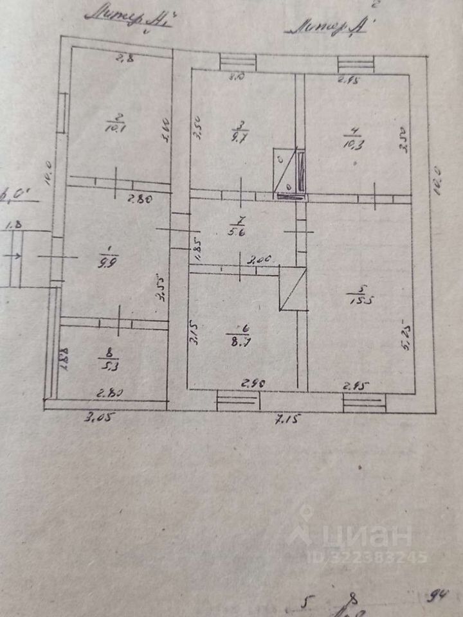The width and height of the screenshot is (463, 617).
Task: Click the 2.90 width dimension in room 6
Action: (253, 383)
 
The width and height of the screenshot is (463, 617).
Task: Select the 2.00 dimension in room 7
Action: (261, 259)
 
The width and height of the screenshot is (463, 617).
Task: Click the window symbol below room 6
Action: (238, 400)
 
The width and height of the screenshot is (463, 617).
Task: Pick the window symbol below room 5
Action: (364, 402)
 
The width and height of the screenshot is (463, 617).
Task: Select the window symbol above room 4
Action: (356, 63)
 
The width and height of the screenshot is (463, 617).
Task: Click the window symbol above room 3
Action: (238, 62)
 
